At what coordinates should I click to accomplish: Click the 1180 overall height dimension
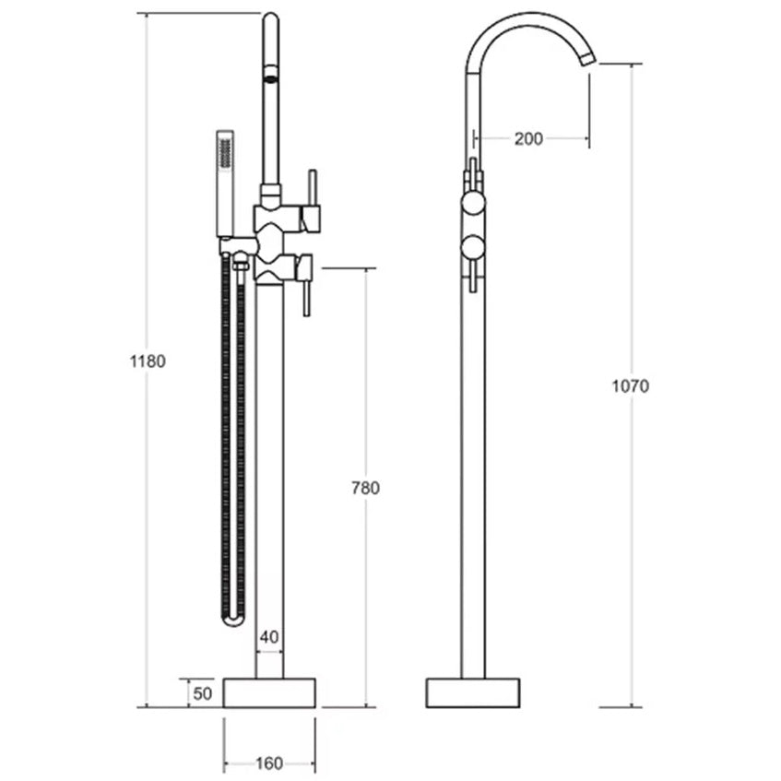tap(148, 361)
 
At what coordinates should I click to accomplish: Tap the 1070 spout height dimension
tap(631, 386)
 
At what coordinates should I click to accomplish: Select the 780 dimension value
tap(365, 488)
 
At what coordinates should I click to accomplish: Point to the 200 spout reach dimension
tap(528, 138)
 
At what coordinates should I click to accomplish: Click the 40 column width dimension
tap(269, 636)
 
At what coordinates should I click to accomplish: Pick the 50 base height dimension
tap(202, 693)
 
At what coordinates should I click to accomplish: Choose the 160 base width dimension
tap(269, 763)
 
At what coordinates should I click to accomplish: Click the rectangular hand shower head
tap(225, 183)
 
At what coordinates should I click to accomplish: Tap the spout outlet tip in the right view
tap(588, 58)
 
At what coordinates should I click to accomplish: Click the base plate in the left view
tap(269, 692)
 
